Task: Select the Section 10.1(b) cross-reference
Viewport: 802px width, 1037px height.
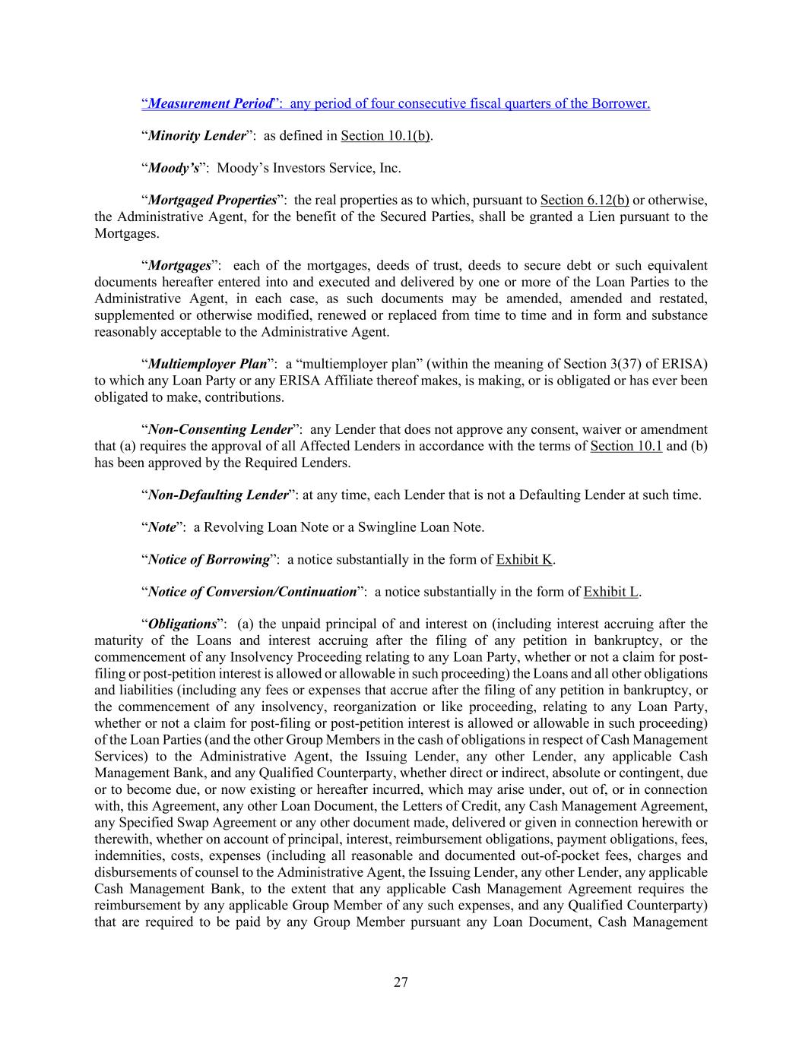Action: coord(385,136)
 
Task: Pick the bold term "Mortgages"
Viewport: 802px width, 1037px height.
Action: coord(179,266)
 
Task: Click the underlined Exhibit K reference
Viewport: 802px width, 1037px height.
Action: coord(524,560)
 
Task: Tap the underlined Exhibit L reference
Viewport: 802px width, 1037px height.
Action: coord(611,592)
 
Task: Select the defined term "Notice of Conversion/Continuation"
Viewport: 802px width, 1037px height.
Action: coord(252,592)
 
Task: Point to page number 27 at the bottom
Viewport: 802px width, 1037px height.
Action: coord(401,982)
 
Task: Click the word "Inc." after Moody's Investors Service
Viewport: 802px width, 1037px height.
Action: coord(389,168)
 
